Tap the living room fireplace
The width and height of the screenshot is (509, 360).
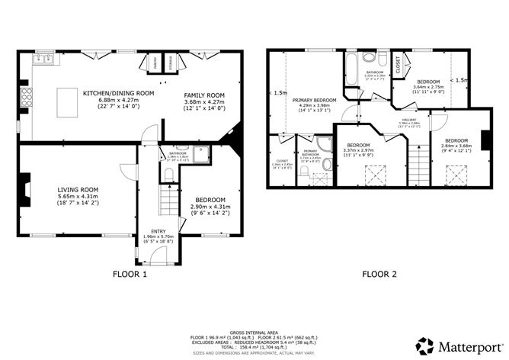click(x=26, y=186)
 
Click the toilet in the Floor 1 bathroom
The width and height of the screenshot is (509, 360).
click(x=169, y=175)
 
